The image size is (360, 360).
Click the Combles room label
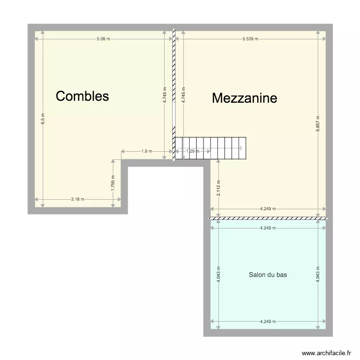[82, 96]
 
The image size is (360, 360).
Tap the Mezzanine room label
[244, 98]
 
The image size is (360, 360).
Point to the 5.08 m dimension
[103, 39]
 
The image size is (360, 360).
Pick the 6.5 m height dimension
[43, 119]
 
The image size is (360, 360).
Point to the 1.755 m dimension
[113, 185]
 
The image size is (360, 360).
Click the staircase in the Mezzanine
[211, 148]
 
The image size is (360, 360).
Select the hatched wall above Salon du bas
[268, 218]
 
